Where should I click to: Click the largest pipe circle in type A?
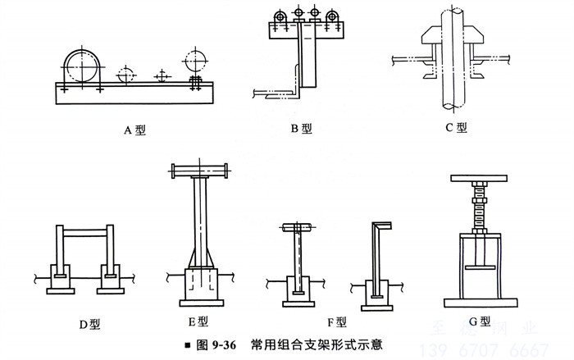pyautogui.click(x=82, y=64)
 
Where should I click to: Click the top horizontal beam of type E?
pyautogui.click(x=198, y=171)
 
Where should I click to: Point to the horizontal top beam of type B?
pyautogui.click(x=304, y=30)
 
